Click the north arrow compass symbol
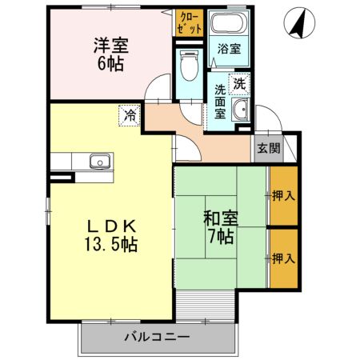(299, 22)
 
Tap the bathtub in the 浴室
(229, 22)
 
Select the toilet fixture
(190, 65)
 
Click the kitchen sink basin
(100, 161)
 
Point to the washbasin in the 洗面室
(241, 110)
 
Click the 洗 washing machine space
(239, 84)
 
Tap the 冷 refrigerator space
(130, 115)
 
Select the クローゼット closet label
(190, 23)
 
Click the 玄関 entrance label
(269, 148)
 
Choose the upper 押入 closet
(284, 196)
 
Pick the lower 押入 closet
(284, 258)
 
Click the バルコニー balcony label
(158, 337)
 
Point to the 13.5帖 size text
(111, 244)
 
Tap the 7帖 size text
(221, 236)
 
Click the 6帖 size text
(110, 64)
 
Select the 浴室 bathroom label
(229, 49)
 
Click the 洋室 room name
(111, 46)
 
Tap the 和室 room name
(221, 218)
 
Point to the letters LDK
(111, 226)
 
